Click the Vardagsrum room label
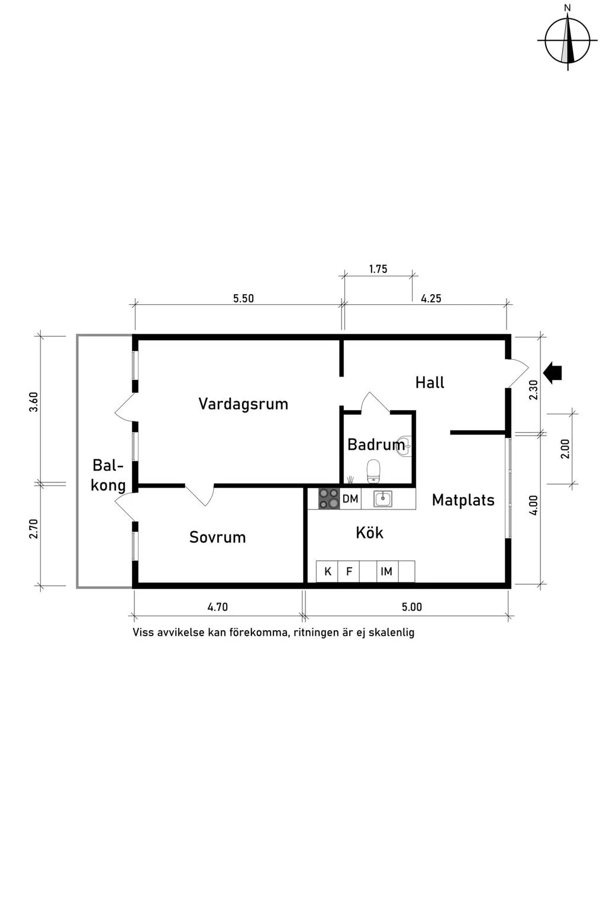(x=243, y=404)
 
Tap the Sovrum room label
(x=218, y=537)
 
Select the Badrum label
(x=376, y=445)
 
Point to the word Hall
(x=430, y=382)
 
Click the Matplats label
(x=463, y=500)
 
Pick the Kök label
(x=369, y=533)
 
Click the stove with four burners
(x=329, y=499)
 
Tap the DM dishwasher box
(x=350, y=499)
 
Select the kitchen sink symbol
(x=383, y=499)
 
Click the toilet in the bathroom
(x=373, y=471)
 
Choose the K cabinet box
(x=327, y=571)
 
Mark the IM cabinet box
(x=387, y=571)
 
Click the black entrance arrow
(x=552, y=373)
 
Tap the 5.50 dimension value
(x=243, y=299)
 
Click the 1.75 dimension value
(x=378, y=269)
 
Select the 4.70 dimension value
(x=218, y=607)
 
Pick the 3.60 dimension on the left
(x=34, y=402)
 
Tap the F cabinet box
(x=349, y=571)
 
